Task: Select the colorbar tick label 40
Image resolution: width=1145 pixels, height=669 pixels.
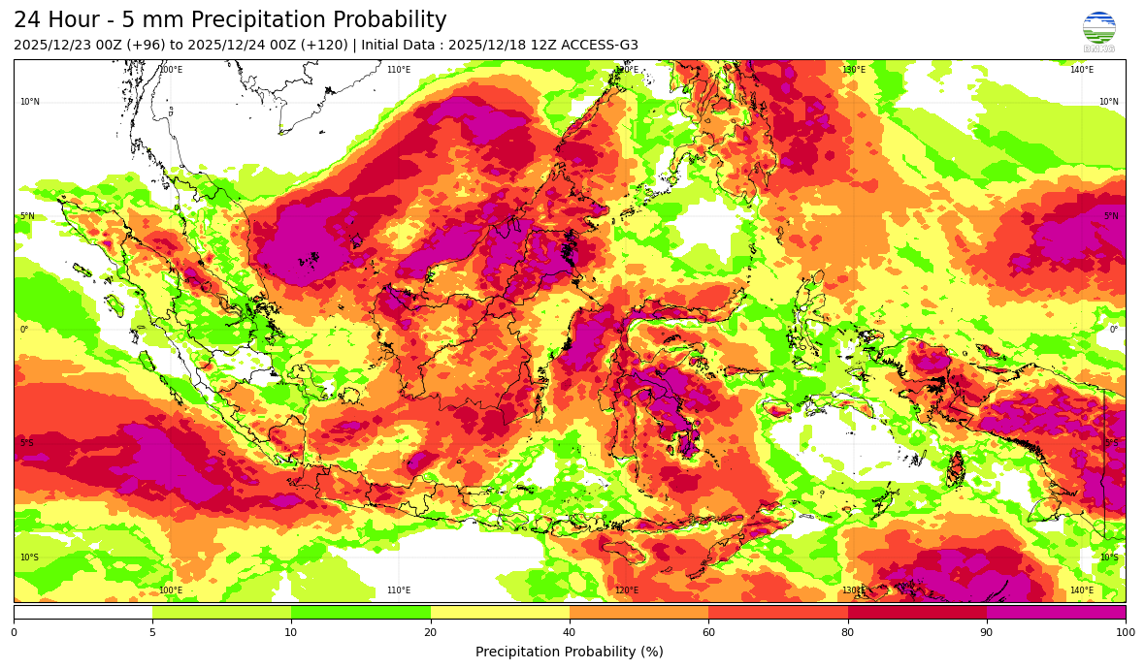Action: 570,632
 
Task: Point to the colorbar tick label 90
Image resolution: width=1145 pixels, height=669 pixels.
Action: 987,632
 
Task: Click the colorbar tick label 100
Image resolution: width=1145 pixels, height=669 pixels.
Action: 1124,632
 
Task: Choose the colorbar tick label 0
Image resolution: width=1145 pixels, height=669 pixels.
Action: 14,632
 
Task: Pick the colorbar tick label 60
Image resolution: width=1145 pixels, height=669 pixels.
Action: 708,632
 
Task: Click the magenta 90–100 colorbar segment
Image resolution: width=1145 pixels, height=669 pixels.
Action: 1056,612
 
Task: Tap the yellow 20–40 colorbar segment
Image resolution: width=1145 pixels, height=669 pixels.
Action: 500,612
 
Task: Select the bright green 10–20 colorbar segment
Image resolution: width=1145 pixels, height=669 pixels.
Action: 361,612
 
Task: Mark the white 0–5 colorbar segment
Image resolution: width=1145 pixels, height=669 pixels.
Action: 82,612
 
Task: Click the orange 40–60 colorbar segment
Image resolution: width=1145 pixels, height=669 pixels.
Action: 638,612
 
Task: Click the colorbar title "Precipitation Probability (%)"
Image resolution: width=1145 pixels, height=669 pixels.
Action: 570,652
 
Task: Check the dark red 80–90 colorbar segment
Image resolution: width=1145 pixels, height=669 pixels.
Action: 917,612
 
